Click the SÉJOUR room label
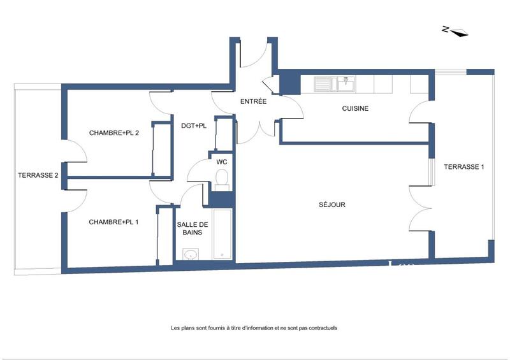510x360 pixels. click(332, 205)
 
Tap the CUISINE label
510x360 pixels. click(355, 108)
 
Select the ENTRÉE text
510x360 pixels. click(253, 101)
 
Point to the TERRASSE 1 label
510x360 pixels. click(464, 167)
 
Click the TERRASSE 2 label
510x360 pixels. click(38, 175)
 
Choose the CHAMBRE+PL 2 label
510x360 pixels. click(114, 133)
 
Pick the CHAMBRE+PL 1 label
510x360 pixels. click(114, 222)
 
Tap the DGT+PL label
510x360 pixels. click(194, 126)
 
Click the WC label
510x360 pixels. click(222, 162)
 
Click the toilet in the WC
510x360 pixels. click(221, 182)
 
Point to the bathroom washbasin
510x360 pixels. click(190, 255)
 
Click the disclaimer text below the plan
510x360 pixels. click(254, 328)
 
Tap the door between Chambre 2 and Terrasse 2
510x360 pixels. click(73, 153)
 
